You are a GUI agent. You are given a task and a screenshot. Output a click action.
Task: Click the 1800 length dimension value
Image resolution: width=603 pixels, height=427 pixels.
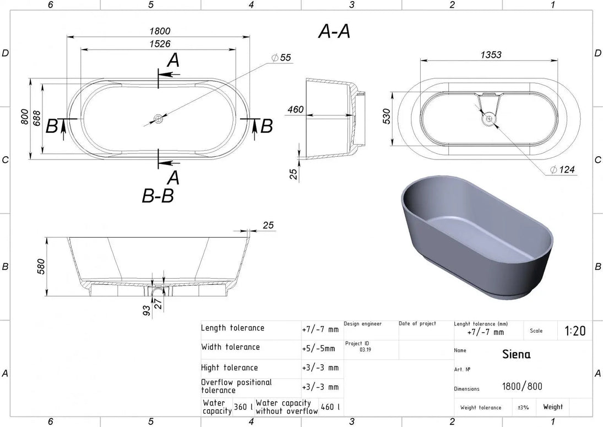pyautogui.click(x=160, y=31)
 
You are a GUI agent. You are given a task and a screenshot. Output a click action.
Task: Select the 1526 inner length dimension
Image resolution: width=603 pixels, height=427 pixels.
pyautogui.click(x=160, y=44)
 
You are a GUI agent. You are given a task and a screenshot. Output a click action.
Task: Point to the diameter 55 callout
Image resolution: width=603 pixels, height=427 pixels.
pyautogui.click(x=281, y=58)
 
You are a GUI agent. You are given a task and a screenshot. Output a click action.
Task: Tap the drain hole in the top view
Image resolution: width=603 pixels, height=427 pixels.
pyautogui.click(x=158, y=118)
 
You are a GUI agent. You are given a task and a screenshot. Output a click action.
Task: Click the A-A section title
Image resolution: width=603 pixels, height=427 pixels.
pyautogui.click(x=334, y=31)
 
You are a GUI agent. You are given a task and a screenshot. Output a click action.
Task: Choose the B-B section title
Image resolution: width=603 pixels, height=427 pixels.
pyautogui.click(x=157, y=195)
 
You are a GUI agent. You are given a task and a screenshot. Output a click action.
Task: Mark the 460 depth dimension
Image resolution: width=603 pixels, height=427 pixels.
pyautogui.click(x=295, y=109)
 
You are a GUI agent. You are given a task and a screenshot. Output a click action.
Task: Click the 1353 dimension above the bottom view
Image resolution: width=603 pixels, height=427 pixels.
pyautogui.click(x=491, y=54)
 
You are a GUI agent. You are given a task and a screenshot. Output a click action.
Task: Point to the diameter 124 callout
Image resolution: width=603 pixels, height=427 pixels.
pyautogui.click(x=562, y=169)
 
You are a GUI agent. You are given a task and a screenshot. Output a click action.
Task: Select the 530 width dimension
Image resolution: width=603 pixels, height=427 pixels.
pyautogui.click(x=387, y=116)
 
